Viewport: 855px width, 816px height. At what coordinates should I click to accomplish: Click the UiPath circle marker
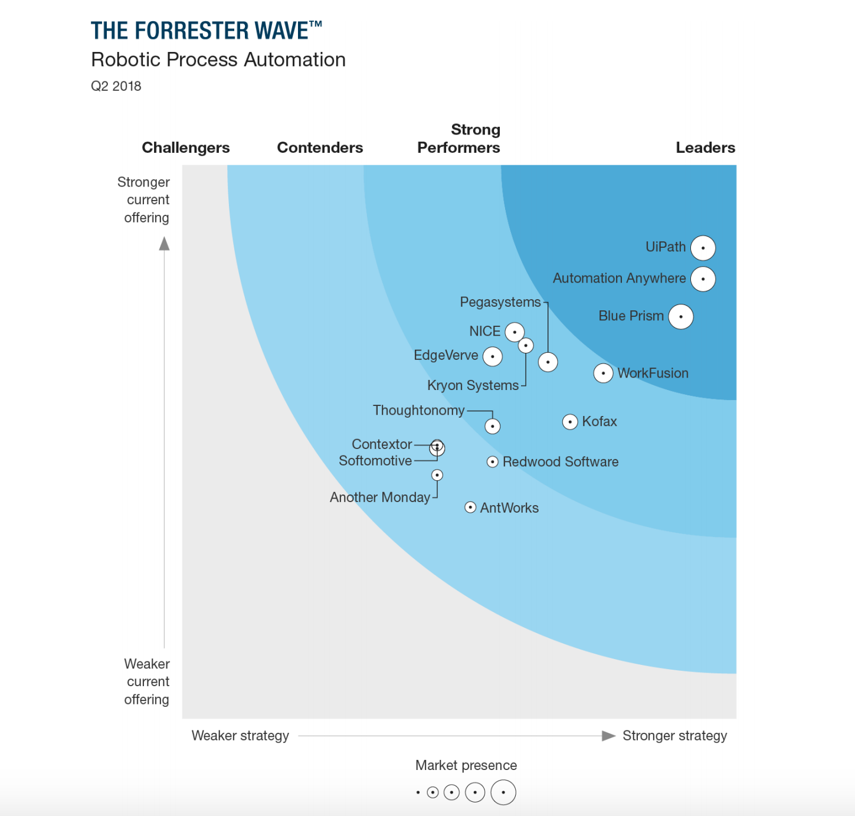[703, 248]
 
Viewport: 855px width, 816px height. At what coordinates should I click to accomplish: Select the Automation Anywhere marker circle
[703, 279]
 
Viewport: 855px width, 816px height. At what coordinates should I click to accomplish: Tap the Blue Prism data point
[681, 317]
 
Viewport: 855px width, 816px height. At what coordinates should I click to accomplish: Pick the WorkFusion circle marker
[603, 373]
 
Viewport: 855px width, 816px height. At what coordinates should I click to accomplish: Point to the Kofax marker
[570, 422]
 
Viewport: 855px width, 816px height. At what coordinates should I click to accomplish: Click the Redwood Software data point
[493, 462]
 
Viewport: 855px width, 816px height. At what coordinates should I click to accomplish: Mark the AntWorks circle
[470, 507]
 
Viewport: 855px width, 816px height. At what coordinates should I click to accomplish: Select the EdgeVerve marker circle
[493, 356]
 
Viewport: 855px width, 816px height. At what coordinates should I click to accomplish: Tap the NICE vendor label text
[484, 332]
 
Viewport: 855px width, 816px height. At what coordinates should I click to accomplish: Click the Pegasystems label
[500, 302]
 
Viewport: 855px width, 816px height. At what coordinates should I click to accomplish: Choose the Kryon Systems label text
[473, 385]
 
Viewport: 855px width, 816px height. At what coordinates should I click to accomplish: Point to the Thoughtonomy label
[418, 410]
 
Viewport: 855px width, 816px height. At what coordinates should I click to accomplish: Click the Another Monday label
[380, 497]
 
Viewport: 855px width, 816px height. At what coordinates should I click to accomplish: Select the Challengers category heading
[186, 148]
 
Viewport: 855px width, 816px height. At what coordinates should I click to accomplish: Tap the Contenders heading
[320, 148]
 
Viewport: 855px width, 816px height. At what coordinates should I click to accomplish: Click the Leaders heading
[705, 148]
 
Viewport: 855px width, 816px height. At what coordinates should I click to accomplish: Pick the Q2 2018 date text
[116, 86]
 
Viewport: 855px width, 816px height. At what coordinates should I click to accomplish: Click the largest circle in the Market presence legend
[503, 792]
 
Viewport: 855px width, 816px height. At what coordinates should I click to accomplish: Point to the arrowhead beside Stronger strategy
[608, 736]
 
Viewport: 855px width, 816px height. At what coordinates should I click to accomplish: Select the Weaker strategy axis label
[240, 736]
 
